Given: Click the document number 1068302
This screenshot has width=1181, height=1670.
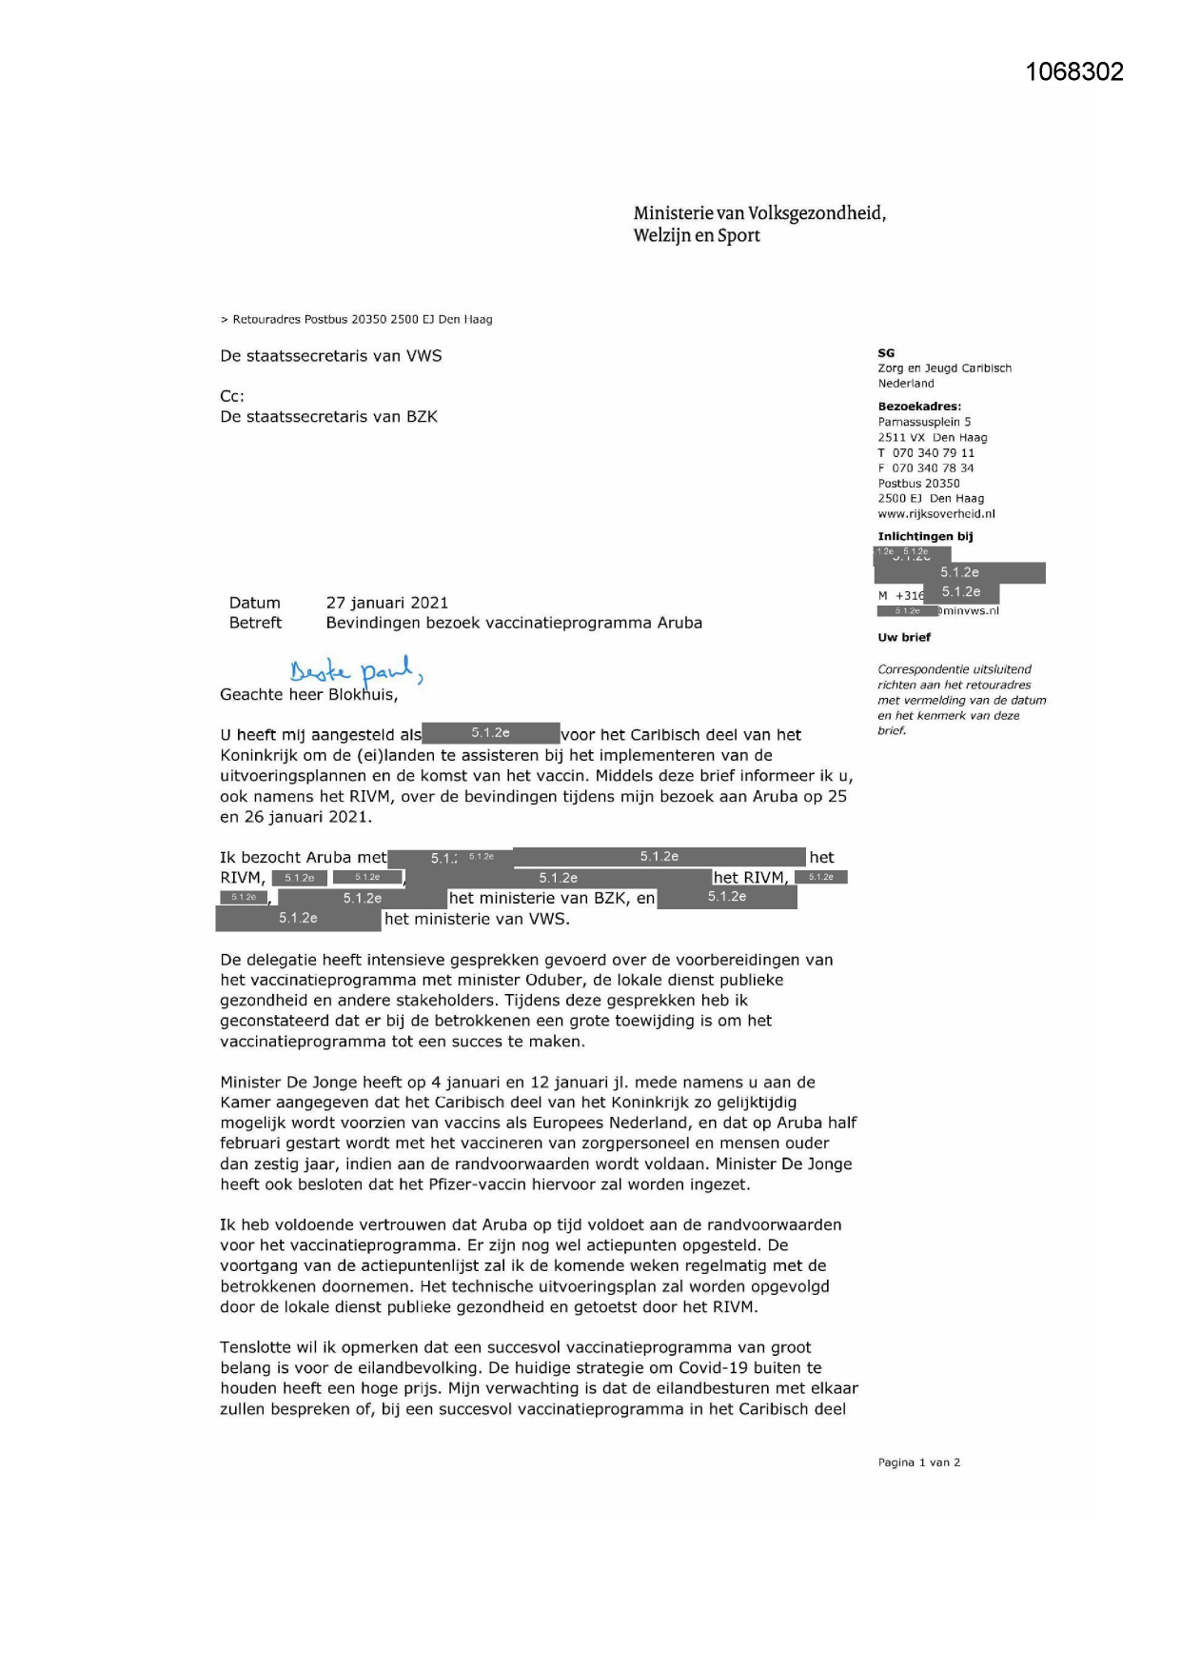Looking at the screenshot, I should coord(1074,72).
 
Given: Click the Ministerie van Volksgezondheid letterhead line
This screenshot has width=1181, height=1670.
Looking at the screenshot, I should coord(759,213).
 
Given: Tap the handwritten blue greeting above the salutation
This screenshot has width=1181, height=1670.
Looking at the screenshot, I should coord(355,670).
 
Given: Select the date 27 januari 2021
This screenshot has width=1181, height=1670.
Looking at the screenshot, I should coord(386,603).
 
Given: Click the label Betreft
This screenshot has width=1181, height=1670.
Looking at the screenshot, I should coord(255,623).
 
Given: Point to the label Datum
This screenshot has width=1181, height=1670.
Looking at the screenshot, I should coord(254,603).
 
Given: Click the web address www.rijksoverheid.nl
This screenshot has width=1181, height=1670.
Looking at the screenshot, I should coord(935,514).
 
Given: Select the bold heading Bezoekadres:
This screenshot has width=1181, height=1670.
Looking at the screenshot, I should coord(918,407).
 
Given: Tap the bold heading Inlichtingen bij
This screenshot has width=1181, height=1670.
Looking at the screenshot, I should coord(925,537).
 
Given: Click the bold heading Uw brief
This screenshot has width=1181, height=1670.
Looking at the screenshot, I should coord(904,638).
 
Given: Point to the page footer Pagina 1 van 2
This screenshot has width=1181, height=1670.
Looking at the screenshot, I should coord(918,1462).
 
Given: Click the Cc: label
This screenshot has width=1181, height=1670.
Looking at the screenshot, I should coord(232,396).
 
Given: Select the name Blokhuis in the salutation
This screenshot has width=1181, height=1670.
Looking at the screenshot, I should coord(363,695).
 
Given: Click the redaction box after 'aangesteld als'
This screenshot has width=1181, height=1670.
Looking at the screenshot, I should coord(490,733).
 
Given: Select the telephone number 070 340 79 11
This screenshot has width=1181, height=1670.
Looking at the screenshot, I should coord(933,453).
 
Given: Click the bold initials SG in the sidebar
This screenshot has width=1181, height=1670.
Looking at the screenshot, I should coord(886,353).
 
